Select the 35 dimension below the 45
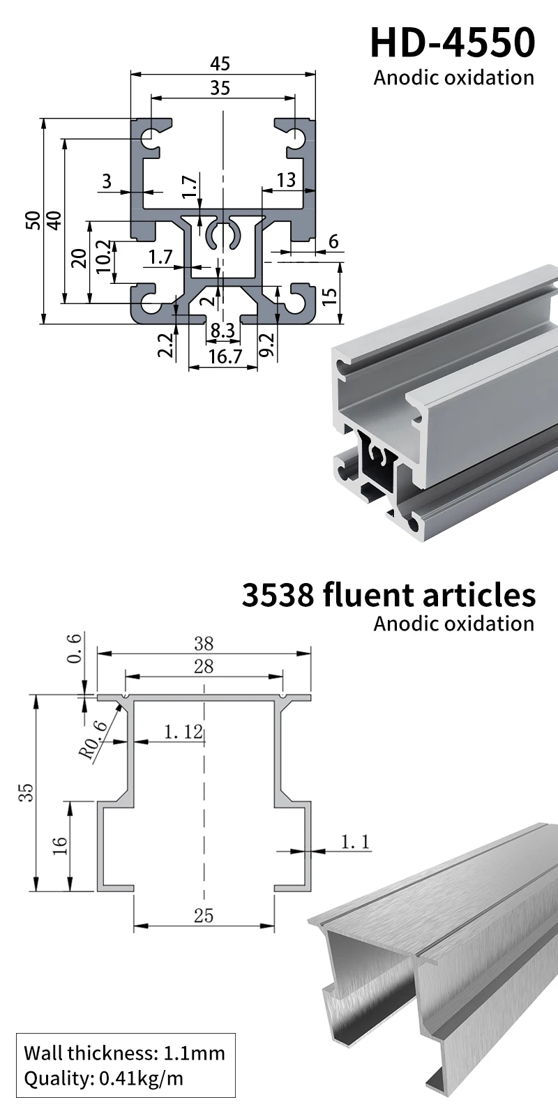coord(220,88)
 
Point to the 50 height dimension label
coord(32,221)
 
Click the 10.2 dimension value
coord(103,257)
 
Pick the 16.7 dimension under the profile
coord(225,356)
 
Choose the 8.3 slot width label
coord(223,331)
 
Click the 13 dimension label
coord(285,180)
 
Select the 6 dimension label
coord(333,241)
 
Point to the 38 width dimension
coord(203,643)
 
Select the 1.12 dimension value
coord(183,732)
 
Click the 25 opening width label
coord(203,915)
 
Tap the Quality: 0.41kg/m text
coord(103,1078)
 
